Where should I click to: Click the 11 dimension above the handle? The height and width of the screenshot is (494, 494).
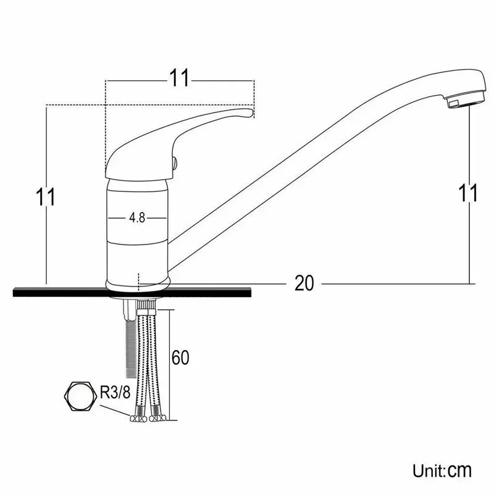pyautogui.click(x=179, y=78)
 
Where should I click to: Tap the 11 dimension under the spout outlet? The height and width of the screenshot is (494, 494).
pyautogui.click(x=469, y=193)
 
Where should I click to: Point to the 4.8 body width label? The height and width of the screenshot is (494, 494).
pyautogui.click(x=137, y=218)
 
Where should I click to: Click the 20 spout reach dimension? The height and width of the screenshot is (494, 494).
pyautogui.click(x=304, y=283)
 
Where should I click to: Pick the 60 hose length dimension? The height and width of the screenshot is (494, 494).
pyautogui.click(x=180, y=358)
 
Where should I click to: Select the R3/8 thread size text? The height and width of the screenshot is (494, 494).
pyautogui.click(x=115, y=391)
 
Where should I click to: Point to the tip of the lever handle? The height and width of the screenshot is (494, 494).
pyautogui.click(x=247, y=113)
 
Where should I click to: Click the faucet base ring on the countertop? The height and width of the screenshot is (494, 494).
pyautogui.click(x=138, y=283)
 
